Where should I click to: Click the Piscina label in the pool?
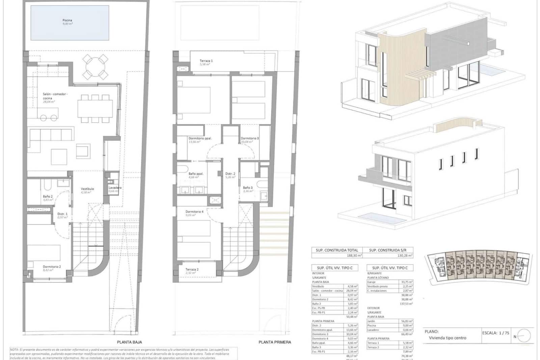click(67, 20)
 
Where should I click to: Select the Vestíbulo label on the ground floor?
click(87, 189)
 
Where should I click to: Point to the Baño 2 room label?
click(48, 196)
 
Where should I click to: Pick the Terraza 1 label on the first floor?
click(206, 61)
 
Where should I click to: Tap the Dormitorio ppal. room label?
click(200, 138)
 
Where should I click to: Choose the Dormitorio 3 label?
click(250, 138)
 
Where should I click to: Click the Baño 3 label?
click(248, 188)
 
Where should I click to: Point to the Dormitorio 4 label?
click(194, 212)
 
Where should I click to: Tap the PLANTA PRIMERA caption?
click(275, 342)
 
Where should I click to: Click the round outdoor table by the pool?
click(96, 67)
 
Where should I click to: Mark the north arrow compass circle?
click(524, 336)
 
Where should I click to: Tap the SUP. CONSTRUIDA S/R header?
click(388, 250)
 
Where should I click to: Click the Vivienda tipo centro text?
click(448, 338)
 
